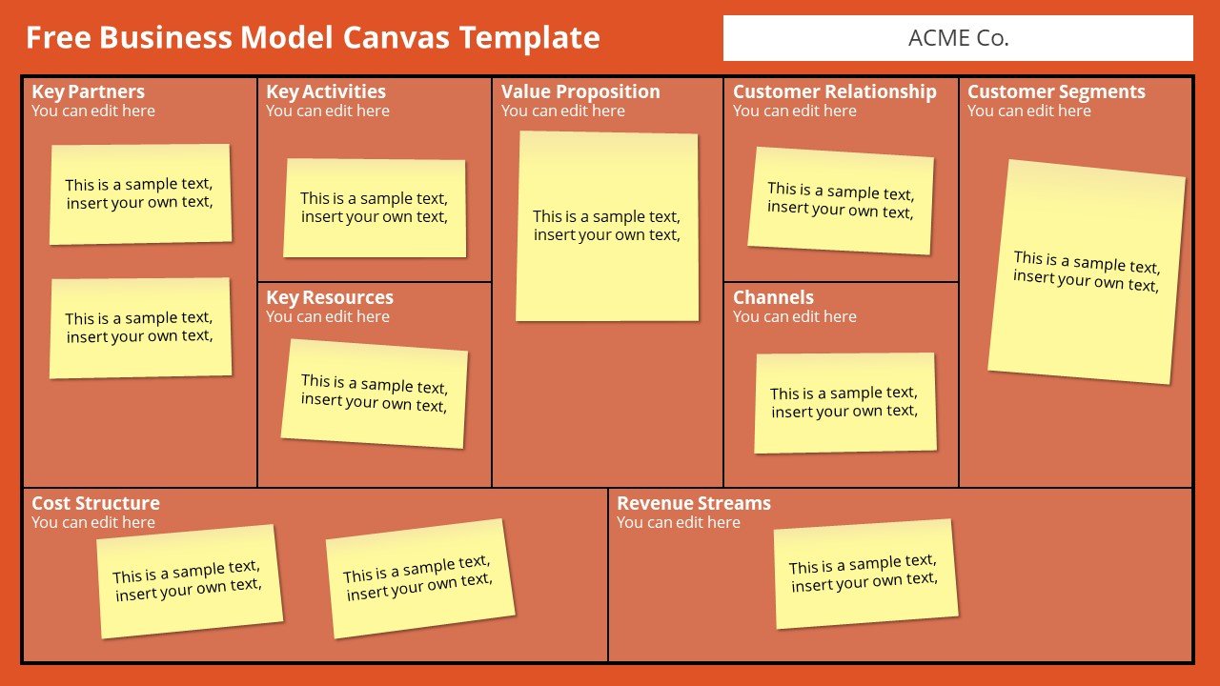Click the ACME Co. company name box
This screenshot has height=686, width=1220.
[958, 38]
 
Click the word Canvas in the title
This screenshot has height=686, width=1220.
[396, 37]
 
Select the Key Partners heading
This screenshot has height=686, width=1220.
[89, 91]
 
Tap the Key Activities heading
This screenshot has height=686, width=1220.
[326, 91]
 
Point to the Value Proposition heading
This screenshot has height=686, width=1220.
[580, 91]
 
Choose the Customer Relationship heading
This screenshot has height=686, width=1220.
[834, 91]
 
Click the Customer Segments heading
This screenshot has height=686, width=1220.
[1056, 91]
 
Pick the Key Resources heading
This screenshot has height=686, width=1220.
[330, 297]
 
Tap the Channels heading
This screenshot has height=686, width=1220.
[773, 297]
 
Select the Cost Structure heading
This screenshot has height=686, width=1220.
[95, 502]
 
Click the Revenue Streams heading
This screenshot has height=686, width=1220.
[693, 502]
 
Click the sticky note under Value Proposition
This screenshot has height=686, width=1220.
[607, 226]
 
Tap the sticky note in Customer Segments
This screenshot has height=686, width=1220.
[1087, 272]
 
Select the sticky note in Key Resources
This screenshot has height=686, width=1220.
[375, 393]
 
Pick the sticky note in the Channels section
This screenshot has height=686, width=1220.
[845, 403]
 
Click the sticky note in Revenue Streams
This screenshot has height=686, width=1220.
[865, 574]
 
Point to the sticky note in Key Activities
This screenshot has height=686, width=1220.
[375, 208]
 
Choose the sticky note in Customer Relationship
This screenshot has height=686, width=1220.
[841, 200]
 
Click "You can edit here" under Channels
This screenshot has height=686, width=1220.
[794, 316]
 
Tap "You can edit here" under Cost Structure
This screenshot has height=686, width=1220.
[93, 522]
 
